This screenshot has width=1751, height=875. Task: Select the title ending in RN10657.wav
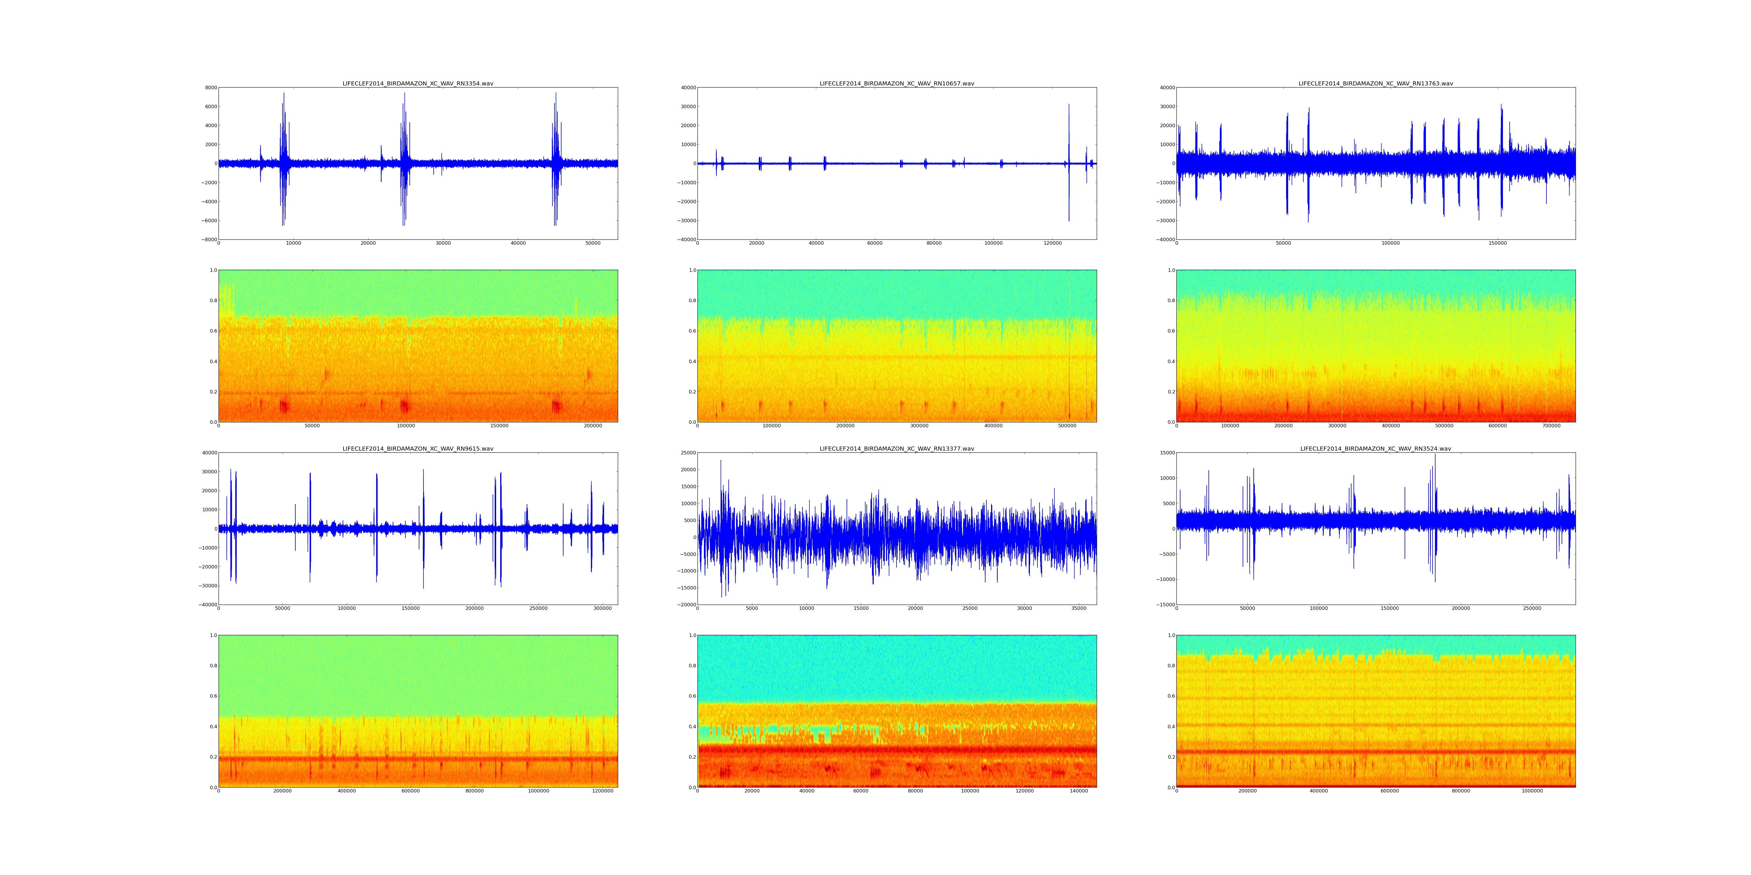click(897, 83)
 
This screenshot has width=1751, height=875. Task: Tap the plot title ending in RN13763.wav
click(1376, 83)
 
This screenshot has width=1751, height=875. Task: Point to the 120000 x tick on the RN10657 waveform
click(1052, 243)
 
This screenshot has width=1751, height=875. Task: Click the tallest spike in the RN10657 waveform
click(1068, 105)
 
